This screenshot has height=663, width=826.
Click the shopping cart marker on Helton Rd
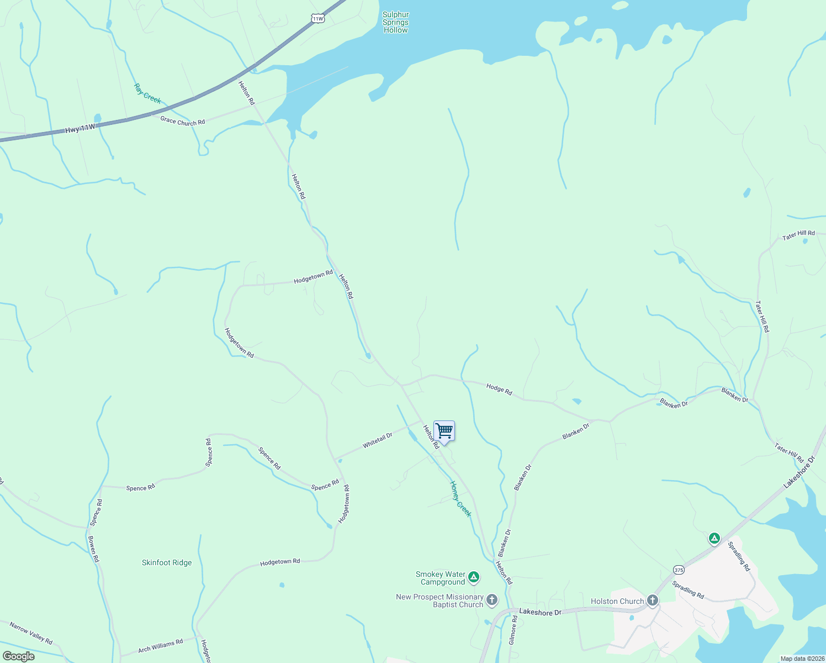pos(444,431)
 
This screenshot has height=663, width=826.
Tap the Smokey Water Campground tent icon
pos(473,577)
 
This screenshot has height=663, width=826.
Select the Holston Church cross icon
pos(653,600)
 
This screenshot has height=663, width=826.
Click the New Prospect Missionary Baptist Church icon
pos(492,600)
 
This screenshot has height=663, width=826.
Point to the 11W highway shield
pos(317,18)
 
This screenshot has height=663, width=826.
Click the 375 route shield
pos(679,570)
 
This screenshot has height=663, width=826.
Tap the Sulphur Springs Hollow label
pos(395,23)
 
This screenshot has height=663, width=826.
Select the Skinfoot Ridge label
pos(167,562)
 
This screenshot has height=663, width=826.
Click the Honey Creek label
pos(460,499)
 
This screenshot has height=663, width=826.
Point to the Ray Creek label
pos(147,93)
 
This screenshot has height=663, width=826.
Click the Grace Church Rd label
pos(182,121)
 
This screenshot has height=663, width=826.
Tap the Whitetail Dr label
pos(377,440)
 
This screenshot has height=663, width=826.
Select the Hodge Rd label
pos(499,389)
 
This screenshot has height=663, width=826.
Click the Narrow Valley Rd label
pos(31,633)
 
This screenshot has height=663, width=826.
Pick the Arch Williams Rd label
pos(160,646)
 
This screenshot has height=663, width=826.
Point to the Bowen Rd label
pos(93,549)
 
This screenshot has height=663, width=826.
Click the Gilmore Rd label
pos(513,630)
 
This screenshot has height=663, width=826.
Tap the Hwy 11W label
pos(80,129)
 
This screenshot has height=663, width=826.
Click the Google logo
pos(18,656)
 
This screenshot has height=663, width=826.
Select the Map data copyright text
pos(802,659)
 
